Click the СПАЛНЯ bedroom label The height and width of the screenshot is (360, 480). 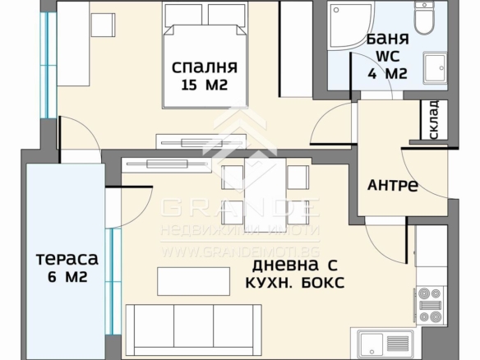point(205,67)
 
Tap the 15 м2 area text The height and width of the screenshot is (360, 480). point(205,85)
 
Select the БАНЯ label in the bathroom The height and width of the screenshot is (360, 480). point(388,39)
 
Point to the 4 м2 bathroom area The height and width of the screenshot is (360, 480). point(388,74)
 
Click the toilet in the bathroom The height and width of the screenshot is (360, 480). point(424,18)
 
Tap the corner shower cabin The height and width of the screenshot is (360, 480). point(350,25)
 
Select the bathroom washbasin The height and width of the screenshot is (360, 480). point(435,68)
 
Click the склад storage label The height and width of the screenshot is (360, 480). point(434,119)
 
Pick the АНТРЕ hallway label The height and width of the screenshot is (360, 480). point(393,185)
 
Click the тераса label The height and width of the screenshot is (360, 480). point(67,259)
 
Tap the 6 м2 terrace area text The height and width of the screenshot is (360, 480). point(67,277)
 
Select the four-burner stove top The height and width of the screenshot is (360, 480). point(431,305)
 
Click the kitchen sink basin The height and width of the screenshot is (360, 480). point(372,344)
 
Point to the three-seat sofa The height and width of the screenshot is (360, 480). point(193,330)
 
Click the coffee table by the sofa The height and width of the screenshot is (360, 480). point(193,281)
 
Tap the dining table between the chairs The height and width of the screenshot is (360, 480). point(265,195)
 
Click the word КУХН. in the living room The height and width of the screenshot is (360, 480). point(270,283)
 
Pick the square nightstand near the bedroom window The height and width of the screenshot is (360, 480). point(104,25)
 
